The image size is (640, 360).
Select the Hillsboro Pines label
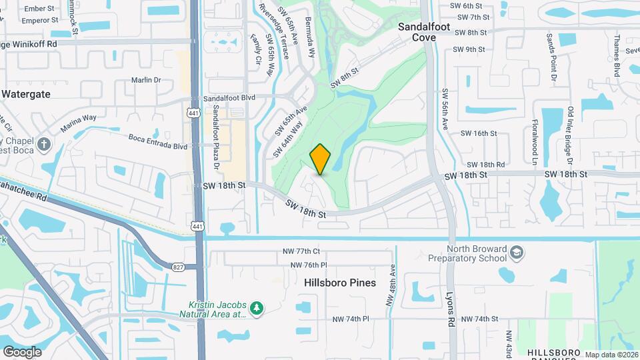pyautogui.click(x=340, y=283)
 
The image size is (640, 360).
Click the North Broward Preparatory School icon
pyautogui.click(x=517, y=253)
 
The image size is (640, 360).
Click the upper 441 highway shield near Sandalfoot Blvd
pyautogui.click(x=192, y=112)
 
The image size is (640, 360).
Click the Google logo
pyautogui.click(x=22, y=351)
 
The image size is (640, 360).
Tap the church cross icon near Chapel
pyautogui.click(x=45, y=144)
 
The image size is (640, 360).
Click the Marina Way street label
pyautogui.click(x=79, y=120)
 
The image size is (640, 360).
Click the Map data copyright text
pyautogui.click(x=611, y=355)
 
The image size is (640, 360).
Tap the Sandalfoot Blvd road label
pyautogui.click(x=229, y=98)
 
